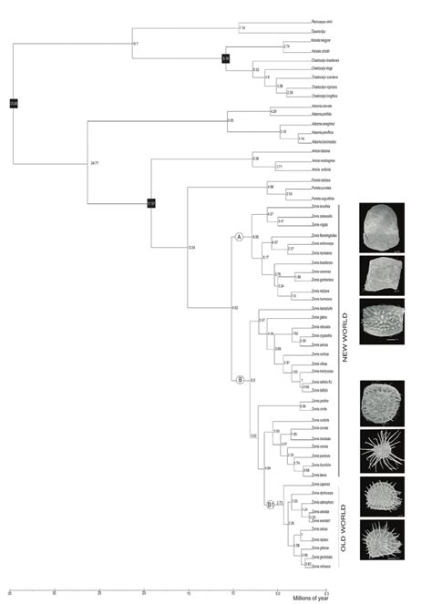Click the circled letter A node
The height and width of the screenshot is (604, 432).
pyautogui.click(x=239, y=236)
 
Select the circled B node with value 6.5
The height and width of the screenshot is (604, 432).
pyautogui.click(x=239, y=380)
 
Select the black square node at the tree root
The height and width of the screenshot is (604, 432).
pyautogui.click(x=14, y=103)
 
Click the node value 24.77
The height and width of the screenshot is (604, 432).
pyautogui.click(x=94, y=163)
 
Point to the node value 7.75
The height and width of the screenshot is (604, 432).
pyautogui.click(x=242, y=29)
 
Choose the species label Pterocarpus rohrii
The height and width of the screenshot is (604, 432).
pyautogui.click(x=324, y=20)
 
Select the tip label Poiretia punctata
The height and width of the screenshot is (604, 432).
pyautogui.click(x=324, y=190)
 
